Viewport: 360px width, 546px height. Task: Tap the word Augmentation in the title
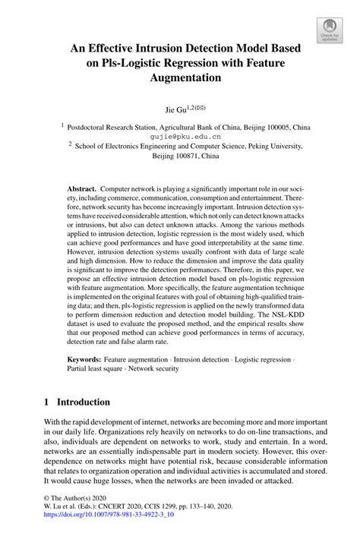click(180, 77)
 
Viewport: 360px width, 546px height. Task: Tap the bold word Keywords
click(84, 358)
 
